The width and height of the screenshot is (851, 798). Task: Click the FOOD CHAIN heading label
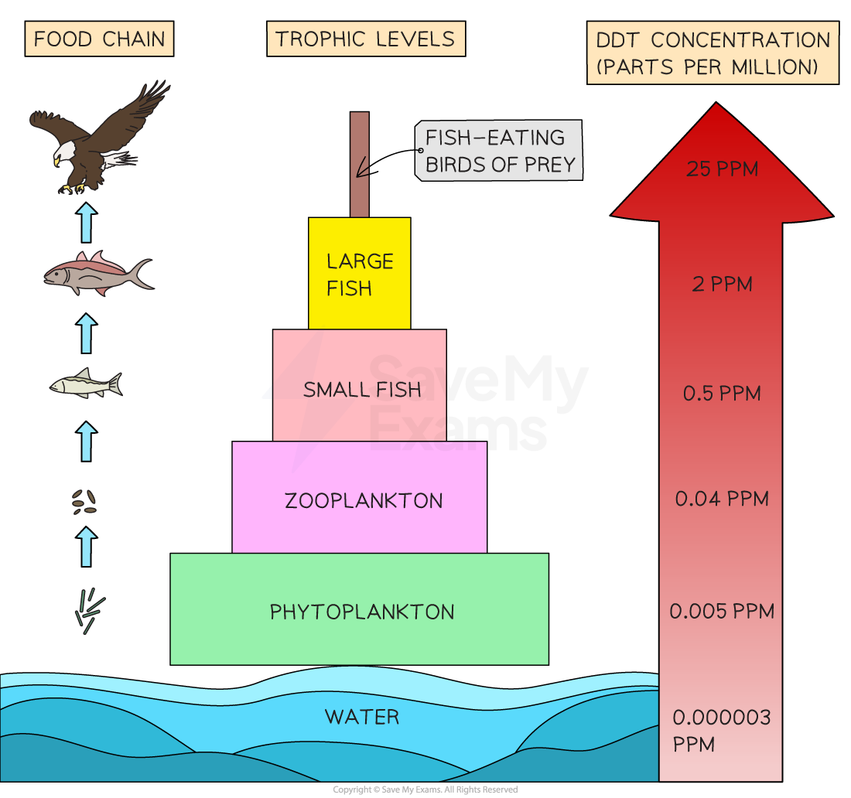(99, 39)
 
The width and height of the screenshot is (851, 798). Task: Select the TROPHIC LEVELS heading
(365, 39)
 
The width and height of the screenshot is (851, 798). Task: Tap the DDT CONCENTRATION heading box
(713, 53)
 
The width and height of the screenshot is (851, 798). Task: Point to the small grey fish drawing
(86, 384)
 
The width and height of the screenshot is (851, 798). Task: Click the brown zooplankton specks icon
(84, 503)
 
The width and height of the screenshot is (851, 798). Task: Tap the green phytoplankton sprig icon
(88, 609)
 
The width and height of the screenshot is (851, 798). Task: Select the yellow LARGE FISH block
(359, 274)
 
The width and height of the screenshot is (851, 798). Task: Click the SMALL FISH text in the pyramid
(362, 390)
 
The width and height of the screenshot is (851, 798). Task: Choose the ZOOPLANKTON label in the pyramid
(364, 500)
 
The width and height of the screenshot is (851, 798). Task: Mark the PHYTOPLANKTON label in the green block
(362, 612)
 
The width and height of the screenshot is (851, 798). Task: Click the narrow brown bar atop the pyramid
(359, 164)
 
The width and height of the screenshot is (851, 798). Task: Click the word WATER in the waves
(362, 717)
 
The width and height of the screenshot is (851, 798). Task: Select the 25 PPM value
(722, 169)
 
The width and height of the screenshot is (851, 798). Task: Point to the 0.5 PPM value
(722, 394)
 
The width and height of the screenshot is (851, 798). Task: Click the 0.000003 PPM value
(721, 731)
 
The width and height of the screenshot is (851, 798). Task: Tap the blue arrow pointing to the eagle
(87, 223)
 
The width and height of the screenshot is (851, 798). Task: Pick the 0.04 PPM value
(722, 499)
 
